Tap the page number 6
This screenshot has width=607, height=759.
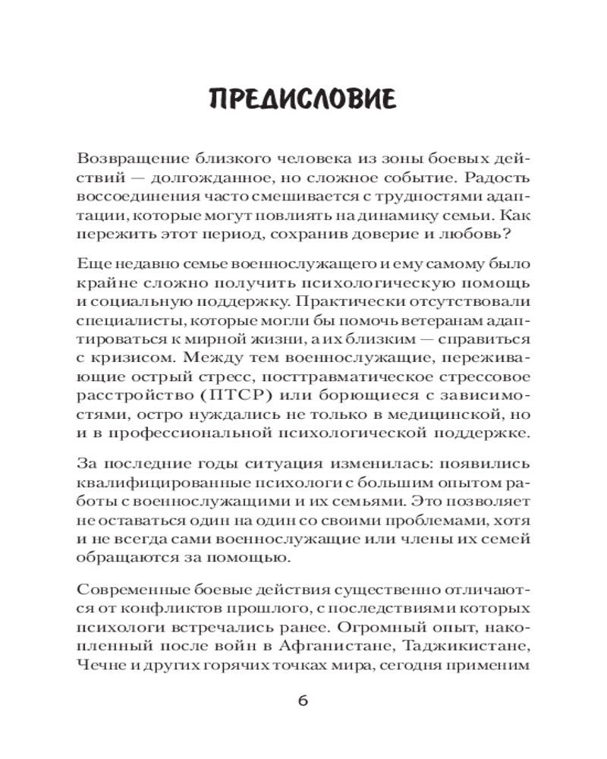pyautogui.click(x=303, y=701)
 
